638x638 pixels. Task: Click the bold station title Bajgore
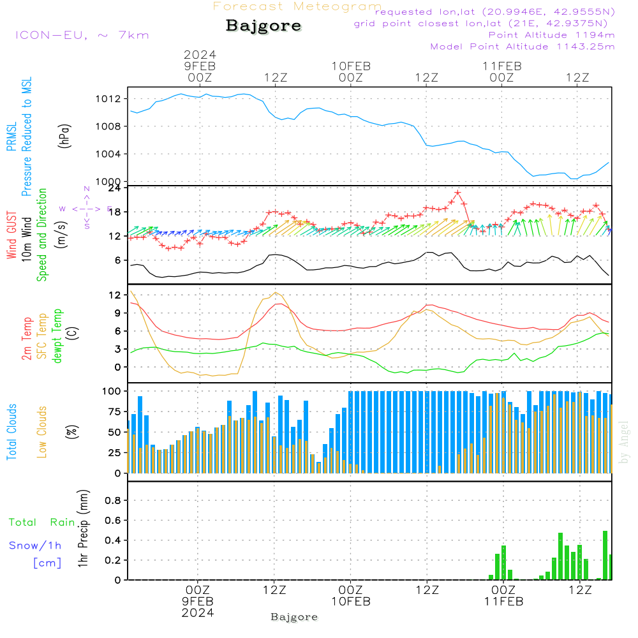tap(263, 26)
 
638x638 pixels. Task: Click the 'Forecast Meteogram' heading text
tap(297, 6)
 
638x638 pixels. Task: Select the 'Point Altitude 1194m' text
tap(551, 34)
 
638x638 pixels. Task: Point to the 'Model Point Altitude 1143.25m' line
tap(523, 46)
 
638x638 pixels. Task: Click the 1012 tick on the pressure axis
tap(108, 99)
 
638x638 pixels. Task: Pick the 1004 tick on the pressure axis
tap(108, 154)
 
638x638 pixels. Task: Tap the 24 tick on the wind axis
tap(115, 188)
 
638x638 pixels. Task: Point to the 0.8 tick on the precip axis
tap(113, 500)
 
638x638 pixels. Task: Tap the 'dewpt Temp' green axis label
tap(57, 336)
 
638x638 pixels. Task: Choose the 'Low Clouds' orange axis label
tap(42, 431)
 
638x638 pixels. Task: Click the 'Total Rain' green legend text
tap(41, 523)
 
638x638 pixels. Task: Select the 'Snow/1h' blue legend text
tap(35, 545)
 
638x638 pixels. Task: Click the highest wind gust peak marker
tap(457, 193)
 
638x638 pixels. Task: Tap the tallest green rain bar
tap(605, 555)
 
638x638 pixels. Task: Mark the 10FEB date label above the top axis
tap(351, 66)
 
